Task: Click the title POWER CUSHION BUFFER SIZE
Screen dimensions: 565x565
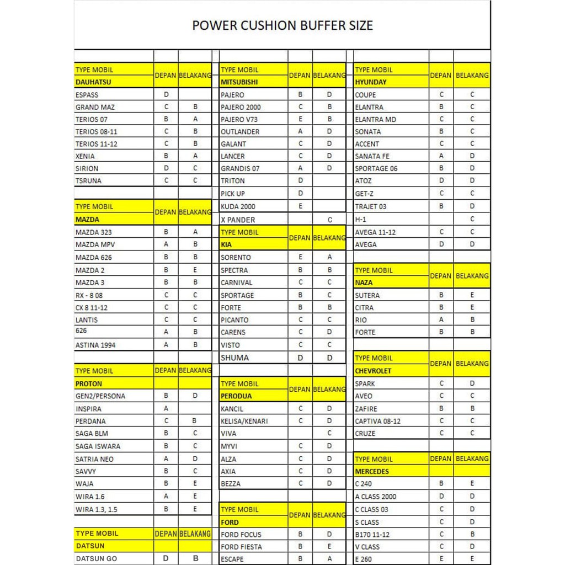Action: click(282, 25)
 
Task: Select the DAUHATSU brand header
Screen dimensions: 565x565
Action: click(93, 82)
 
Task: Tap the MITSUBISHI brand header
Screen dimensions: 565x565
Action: click(241, 82)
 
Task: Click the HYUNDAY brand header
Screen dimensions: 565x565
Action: click(371, 82)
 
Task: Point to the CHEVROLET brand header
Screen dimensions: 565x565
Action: click(373, 371)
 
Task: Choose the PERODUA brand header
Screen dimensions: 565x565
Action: click(236, 396)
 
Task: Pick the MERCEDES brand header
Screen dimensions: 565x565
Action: click(372, 472)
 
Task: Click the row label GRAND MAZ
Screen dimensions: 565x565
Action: click(95, 107)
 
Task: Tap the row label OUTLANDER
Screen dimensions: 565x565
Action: click(240, 132)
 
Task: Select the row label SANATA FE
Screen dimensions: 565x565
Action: click(372, 156)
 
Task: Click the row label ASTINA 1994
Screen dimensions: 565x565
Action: click(95, 345)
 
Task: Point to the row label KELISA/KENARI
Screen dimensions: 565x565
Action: click(244, 421)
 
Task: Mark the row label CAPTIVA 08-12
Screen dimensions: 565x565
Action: click(378, 421)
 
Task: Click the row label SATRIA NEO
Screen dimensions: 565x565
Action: click(94, 459)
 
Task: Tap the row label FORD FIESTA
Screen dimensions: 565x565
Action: click(241, 547)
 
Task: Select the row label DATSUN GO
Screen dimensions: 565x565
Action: click(96, 558)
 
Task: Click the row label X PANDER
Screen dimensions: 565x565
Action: click(238, 220)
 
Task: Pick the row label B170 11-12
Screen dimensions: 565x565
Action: click(372, 535)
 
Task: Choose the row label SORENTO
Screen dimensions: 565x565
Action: click(236, 257)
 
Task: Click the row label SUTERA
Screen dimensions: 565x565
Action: click(367, 295)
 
